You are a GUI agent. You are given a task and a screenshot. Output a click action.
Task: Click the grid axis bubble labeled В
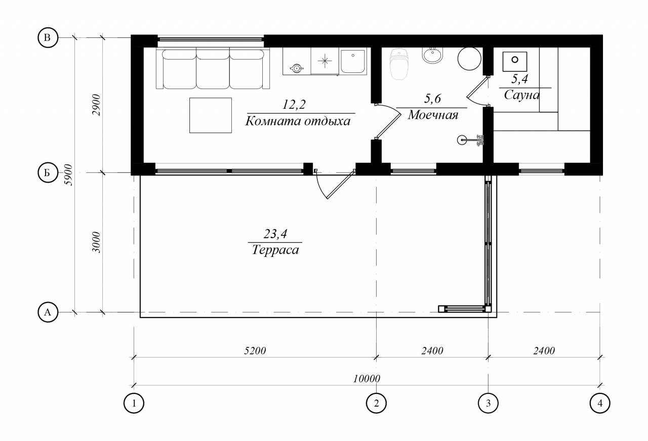(48, 37)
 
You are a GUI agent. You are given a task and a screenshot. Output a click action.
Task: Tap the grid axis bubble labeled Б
(48, 172)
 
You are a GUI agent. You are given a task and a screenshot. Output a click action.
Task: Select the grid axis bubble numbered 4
(600, 403)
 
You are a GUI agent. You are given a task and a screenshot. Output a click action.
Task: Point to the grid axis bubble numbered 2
(376, 403)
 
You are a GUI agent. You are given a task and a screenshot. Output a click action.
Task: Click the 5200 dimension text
(255, 350)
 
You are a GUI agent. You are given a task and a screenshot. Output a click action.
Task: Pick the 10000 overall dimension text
(367, 378)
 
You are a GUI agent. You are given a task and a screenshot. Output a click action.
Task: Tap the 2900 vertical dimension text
(96, 105)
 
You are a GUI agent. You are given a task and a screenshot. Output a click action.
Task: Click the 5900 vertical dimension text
(68, 175)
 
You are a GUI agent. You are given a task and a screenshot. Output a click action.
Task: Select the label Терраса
(275, 250)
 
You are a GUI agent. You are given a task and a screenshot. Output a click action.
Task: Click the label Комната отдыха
(298, 121)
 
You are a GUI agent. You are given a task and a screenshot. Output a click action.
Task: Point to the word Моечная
(433, 115)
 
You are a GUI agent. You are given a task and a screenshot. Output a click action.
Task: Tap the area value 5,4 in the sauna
(519, 79)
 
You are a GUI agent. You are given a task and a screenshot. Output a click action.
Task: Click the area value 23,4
(275, 234)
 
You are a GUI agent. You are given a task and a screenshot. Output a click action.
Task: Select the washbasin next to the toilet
(432, 55)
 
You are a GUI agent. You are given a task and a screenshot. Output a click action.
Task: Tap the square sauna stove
(515, 62)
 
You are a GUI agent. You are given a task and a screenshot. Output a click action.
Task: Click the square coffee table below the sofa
(211, 115)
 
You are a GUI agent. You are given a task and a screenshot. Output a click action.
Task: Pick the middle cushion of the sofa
(213, 69)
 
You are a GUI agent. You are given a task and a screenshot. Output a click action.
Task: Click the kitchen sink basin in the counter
(353, 61)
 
